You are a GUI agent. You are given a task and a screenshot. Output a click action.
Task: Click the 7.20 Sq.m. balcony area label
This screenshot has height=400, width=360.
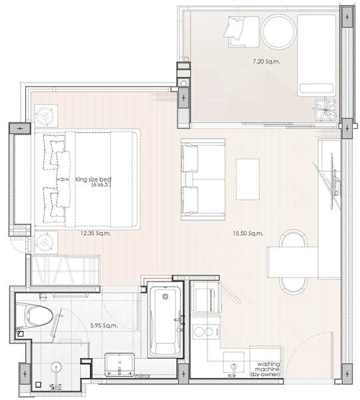coord(267,61)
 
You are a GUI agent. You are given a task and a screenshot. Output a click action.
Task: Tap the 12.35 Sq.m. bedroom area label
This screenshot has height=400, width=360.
coord(96,233)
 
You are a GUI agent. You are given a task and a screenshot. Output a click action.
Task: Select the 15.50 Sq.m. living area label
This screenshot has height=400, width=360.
coord(248,233)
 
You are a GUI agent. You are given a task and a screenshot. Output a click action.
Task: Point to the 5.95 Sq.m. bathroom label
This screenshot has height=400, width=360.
coord(104,325)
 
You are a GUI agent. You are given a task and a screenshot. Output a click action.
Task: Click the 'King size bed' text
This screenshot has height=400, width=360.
coord(93,179)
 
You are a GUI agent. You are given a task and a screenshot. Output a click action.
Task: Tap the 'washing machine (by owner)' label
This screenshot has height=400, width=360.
coord(266,369)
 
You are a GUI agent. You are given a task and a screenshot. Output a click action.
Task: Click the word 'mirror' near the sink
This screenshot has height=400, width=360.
coord(143,376)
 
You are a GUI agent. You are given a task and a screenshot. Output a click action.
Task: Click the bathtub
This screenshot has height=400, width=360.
coord(165,322)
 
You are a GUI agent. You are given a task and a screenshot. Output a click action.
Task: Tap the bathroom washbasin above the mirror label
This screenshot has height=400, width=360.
coord(119,365)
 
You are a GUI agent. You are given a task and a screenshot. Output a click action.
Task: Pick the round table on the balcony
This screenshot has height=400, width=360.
coord(279,31)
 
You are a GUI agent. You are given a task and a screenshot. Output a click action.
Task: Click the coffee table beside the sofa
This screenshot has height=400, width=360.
coord(248,179)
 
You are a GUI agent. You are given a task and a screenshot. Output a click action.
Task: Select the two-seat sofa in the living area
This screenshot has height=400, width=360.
coord(203,179)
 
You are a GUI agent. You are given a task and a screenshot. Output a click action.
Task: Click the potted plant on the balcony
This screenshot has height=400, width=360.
coord(325,110)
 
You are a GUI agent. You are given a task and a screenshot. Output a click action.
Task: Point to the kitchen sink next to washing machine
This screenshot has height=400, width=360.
coord(234,364)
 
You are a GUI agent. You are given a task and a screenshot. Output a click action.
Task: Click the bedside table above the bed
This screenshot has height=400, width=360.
coord(46,115)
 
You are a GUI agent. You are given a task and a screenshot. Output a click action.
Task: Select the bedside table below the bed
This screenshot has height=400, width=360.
coord(46,243)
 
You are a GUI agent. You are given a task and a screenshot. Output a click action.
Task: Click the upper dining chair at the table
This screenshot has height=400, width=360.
coord(293,239)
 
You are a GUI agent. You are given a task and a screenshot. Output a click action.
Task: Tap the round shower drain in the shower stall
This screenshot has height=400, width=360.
coord(56,368)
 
